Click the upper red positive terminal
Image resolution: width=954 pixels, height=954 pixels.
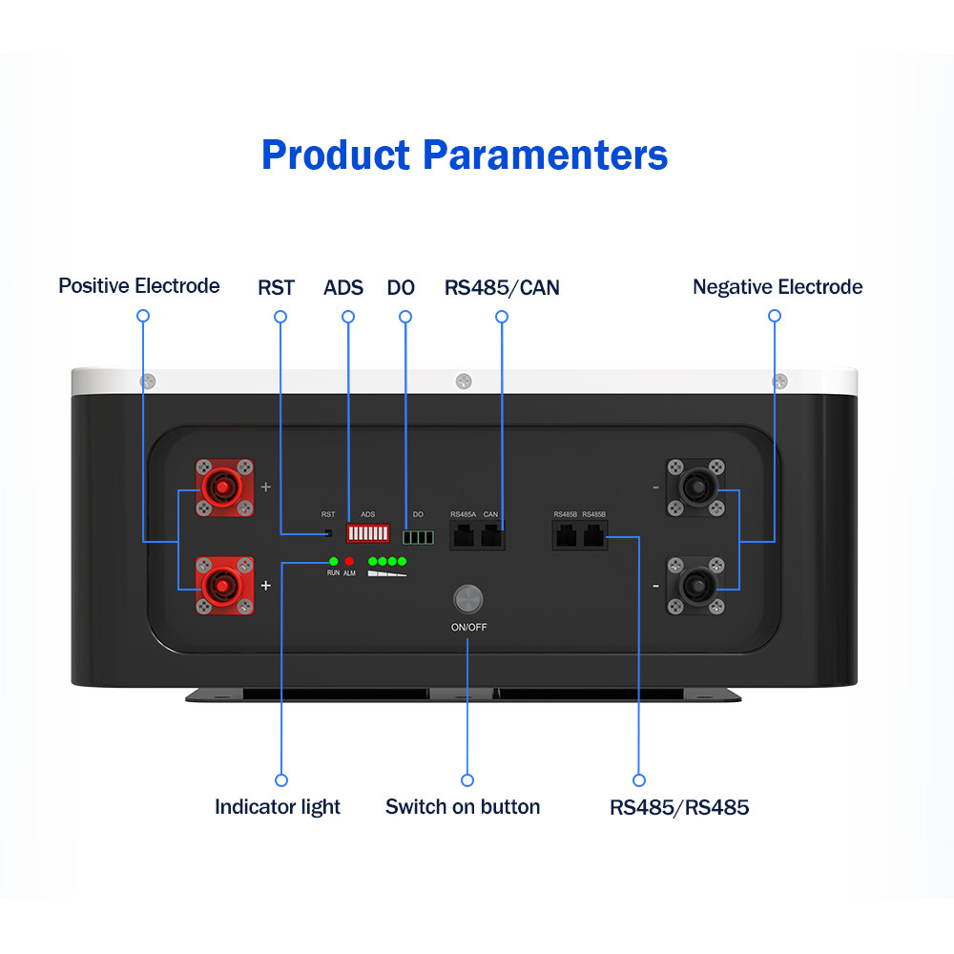coord(225,488)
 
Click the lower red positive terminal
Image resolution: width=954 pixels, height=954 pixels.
coord(225,585)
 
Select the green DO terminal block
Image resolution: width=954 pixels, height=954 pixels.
coord(418,537)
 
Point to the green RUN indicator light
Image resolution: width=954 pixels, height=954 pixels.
coord(333,561)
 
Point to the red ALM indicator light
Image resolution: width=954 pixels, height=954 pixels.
coord(349,561)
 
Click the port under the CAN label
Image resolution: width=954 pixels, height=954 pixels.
coord(491,536)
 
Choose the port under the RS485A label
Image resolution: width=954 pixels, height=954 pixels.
coord(465,536)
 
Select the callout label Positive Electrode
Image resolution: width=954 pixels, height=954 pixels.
coord(139,286)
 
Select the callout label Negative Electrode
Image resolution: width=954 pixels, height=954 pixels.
coord(778,287)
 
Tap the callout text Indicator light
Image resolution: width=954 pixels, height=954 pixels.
coord(278,807)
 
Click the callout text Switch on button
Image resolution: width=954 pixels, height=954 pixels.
coord(463,807)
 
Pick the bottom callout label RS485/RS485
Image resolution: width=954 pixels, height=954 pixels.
coord(679,808)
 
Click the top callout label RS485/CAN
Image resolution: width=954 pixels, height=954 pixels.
coord(502,287)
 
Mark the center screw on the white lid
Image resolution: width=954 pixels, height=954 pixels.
coord(464,381)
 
